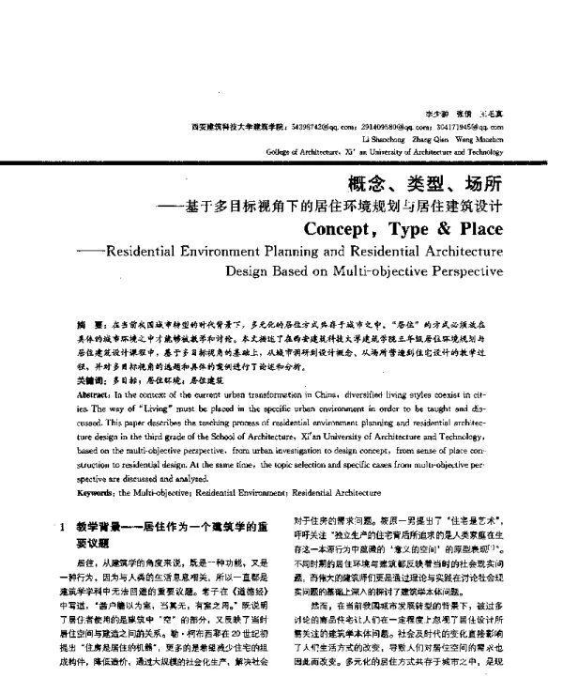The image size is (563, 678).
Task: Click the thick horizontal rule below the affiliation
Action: (281, 161)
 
